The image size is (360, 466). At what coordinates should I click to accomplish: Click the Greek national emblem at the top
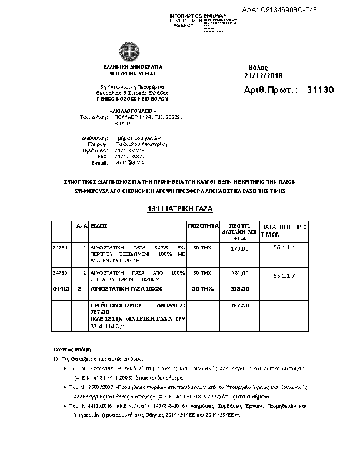point(127,51)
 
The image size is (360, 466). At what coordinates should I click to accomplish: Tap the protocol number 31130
point(320,90)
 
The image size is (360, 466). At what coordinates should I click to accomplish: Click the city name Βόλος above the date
point(258,68)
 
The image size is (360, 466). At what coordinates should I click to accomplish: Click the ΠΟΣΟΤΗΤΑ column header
point(203,226)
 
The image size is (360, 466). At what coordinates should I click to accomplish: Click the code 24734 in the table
point(61,248)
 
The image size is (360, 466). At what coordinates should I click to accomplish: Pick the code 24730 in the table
point(61,273)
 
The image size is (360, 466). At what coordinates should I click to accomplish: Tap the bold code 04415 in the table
point(61,289)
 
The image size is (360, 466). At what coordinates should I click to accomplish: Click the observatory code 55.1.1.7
point(285,275)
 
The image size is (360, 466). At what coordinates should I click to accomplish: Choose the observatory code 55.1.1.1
point(285,248)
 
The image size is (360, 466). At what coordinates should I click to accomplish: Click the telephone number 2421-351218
point(129,150)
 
